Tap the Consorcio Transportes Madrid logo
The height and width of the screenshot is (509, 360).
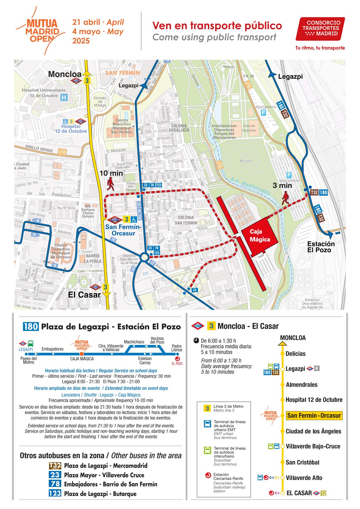pyautogui.click(x=320, y=28)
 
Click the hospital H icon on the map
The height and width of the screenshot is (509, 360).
pyautogui.click(x=64, y=98)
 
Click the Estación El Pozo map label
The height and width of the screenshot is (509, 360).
pyautogui.click(x=321, y=247)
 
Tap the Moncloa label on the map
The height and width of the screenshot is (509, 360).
pyautogui.click(x=65, y=74)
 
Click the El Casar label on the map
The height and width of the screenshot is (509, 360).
pyautogui.click(x=84, y=295)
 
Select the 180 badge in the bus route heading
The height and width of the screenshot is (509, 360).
pyautogui.click(x=31, y=327)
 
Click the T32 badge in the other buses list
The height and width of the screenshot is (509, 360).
pyautogui.click(x=55, y=466)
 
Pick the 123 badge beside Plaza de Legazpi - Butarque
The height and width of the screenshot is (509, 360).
pyautogui.click(x=55, y=494)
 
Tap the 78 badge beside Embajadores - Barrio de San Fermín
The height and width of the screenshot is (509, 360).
pyautogui.click(x=55, y=484)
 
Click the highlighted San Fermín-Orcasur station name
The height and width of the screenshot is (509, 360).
pyautogui.click(x=314, y=416)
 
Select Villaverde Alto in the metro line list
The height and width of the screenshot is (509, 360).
pyautogui.click(x=304, y=478)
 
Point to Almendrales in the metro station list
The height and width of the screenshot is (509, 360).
pyautogui.click(x=301, y=385)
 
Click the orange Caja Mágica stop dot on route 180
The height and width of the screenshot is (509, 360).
pyautogui.click(x=82, y=354)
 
